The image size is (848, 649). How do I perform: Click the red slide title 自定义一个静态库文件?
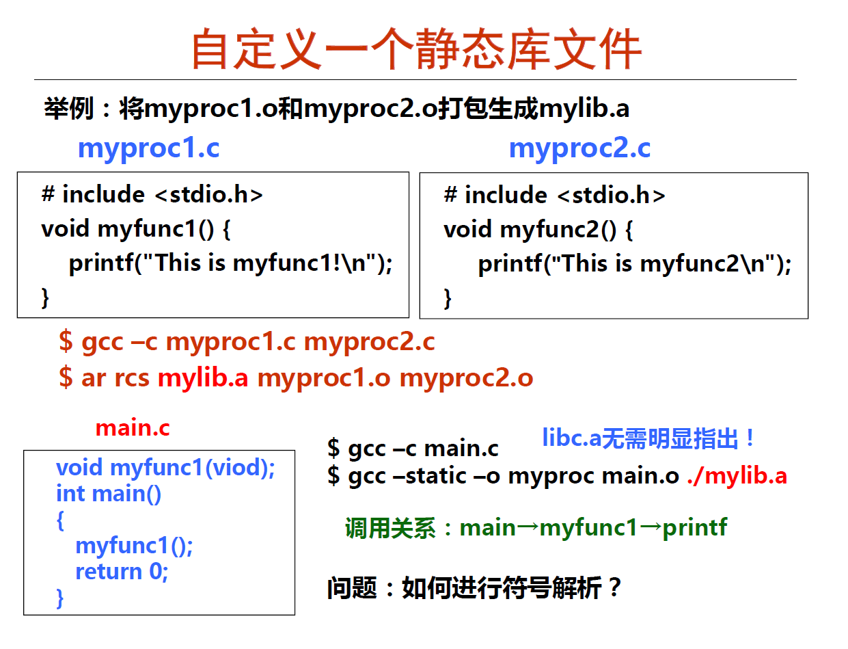[x=416, y=49]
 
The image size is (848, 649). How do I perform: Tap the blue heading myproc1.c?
[x=149, y=149]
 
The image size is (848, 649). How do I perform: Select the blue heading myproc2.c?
[x=579, y=149]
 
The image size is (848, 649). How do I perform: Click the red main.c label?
[x=133, y=428]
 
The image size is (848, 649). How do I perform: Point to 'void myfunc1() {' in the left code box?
[x=135, y=229]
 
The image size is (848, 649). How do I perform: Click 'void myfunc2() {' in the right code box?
[x=538, y=230]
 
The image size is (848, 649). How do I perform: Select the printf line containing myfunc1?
[x=231, y=263]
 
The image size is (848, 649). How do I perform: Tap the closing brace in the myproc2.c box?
[x=448, y=298]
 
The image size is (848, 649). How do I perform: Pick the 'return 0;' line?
[x=122, y=571]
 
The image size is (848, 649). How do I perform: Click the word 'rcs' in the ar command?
[x=132, y=378]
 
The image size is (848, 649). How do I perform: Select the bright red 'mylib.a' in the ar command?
[x=203, y=378]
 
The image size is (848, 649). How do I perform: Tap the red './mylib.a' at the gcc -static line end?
[x=737, y=476]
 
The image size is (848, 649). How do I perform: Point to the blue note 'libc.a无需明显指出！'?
[x=648, y=438]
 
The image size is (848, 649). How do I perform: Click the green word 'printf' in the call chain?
[x=695, y=528]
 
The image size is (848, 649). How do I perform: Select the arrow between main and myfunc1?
[x=528, y=527]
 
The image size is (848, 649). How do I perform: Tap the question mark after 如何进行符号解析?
[x=614, y=587]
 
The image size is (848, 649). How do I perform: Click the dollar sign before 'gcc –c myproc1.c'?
[x=66, y=342]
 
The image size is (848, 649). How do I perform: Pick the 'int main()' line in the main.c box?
[x=109, y=494]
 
